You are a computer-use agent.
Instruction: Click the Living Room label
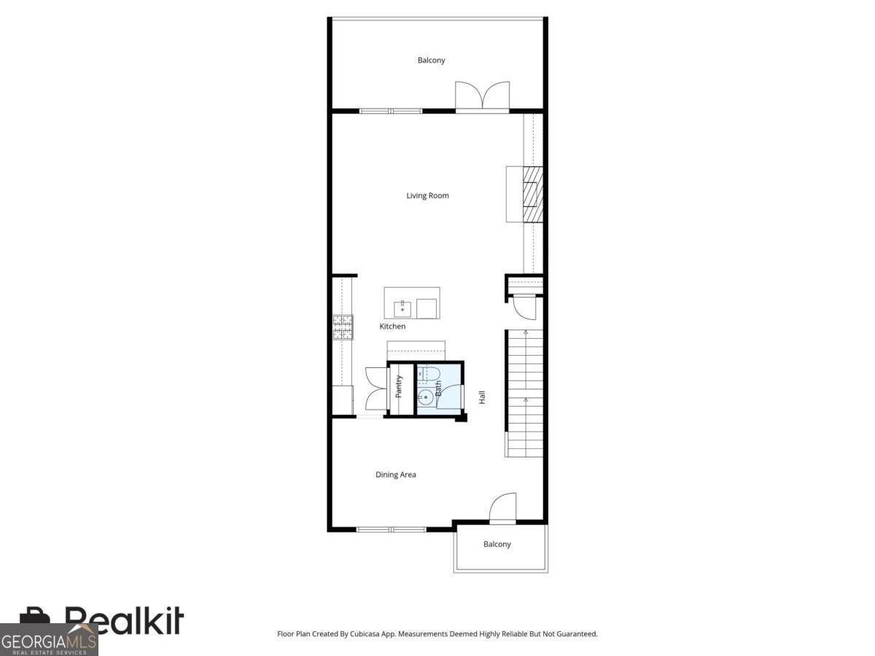pos(427,195)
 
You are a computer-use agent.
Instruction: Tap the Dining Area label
pos(396,475)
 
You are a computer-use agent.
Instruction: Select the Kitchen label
pos(392,327)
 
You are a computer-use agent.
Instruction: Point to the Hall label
pos(482,397)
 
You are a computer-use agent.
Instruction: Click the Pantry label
pos(399,386)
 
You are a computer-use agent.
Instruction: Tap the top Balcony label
pos(431,60)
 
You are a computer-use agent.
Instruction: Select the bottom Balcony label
pos(497,544)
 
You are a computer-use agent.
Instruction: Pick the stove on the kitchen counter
pos(343,327)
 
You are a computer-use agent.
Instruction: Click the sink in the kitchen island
pos(400,309)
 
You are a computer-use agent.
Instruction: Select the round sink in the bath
pos(426,398)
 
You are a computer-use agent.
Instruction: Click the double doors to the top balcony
pos(482,96)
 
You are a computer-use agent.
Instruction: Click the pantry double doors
pos(376,390)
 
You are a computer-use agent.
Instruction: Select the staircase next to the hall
pos(524,394)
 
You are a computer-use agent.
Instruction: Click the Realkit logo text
pos(124,621)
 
